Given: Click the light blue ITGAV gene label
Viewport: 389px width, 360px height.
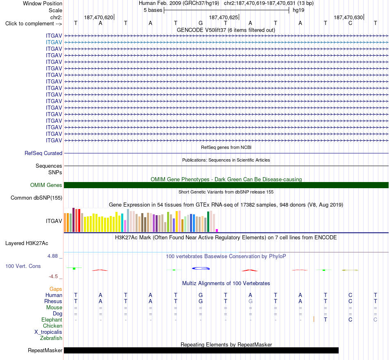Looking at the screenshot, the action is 54,43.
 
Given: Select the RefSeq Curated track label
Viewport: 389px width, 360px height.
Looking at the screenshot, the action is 43,153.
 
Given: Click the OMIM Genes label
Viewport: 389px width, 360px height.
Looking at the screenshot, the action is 46,185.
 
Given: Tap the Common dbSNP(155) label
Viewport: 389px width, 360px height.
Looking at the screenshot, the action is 36,198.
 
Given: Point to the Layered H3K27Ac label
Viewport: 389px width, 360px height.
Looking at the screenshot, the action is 27,243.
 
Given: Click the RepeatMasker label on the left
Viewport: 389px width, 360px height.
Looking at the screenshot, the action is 45,350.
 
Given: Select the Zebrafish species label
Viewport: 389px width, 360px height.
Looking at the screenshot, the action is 51,338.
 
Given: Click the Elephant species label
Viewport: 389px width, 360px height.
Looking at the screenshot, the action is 52,320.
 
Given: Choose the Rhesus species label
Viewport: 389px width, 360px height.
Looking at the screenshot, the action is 53,301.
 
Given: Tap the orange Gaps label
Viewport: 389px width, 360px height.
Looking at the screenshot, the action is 56,289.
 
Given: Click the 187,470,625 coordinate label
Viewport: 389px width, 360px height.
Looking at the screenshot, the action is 224,17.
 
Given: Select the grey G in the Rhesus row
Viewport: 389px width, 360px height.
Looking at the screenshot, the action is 251,301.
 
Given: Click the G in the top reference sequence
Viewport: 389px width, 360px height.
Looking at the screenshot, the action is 201,23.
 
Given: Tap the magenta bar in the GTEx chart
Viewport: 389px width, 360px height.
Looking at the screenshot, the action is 217,231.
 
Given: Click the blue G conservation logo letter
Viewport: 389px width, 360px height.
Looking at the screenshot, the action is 201,268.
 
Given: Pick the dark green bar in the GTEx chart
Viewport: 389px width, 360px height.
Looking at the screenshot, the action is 208,222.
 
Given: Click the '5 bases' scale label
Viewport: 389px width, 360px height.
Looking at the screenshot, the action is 153,10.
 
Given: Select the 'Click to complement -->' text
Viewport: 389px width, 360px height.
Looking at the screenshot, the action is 34,24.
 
